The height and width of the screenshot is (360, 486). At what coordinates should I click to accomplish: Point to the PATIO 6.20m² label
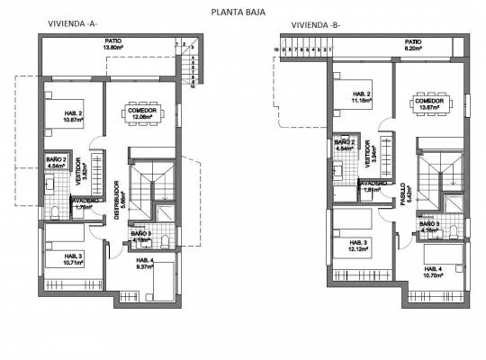(x=413, y=44)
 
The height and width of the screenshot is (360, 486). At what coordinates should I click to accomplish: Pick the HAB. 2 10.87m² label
(x=73, y=115)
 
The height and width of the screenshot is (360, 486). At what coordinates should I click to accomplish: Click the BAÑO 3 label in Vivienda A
(x=140, y=237)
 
